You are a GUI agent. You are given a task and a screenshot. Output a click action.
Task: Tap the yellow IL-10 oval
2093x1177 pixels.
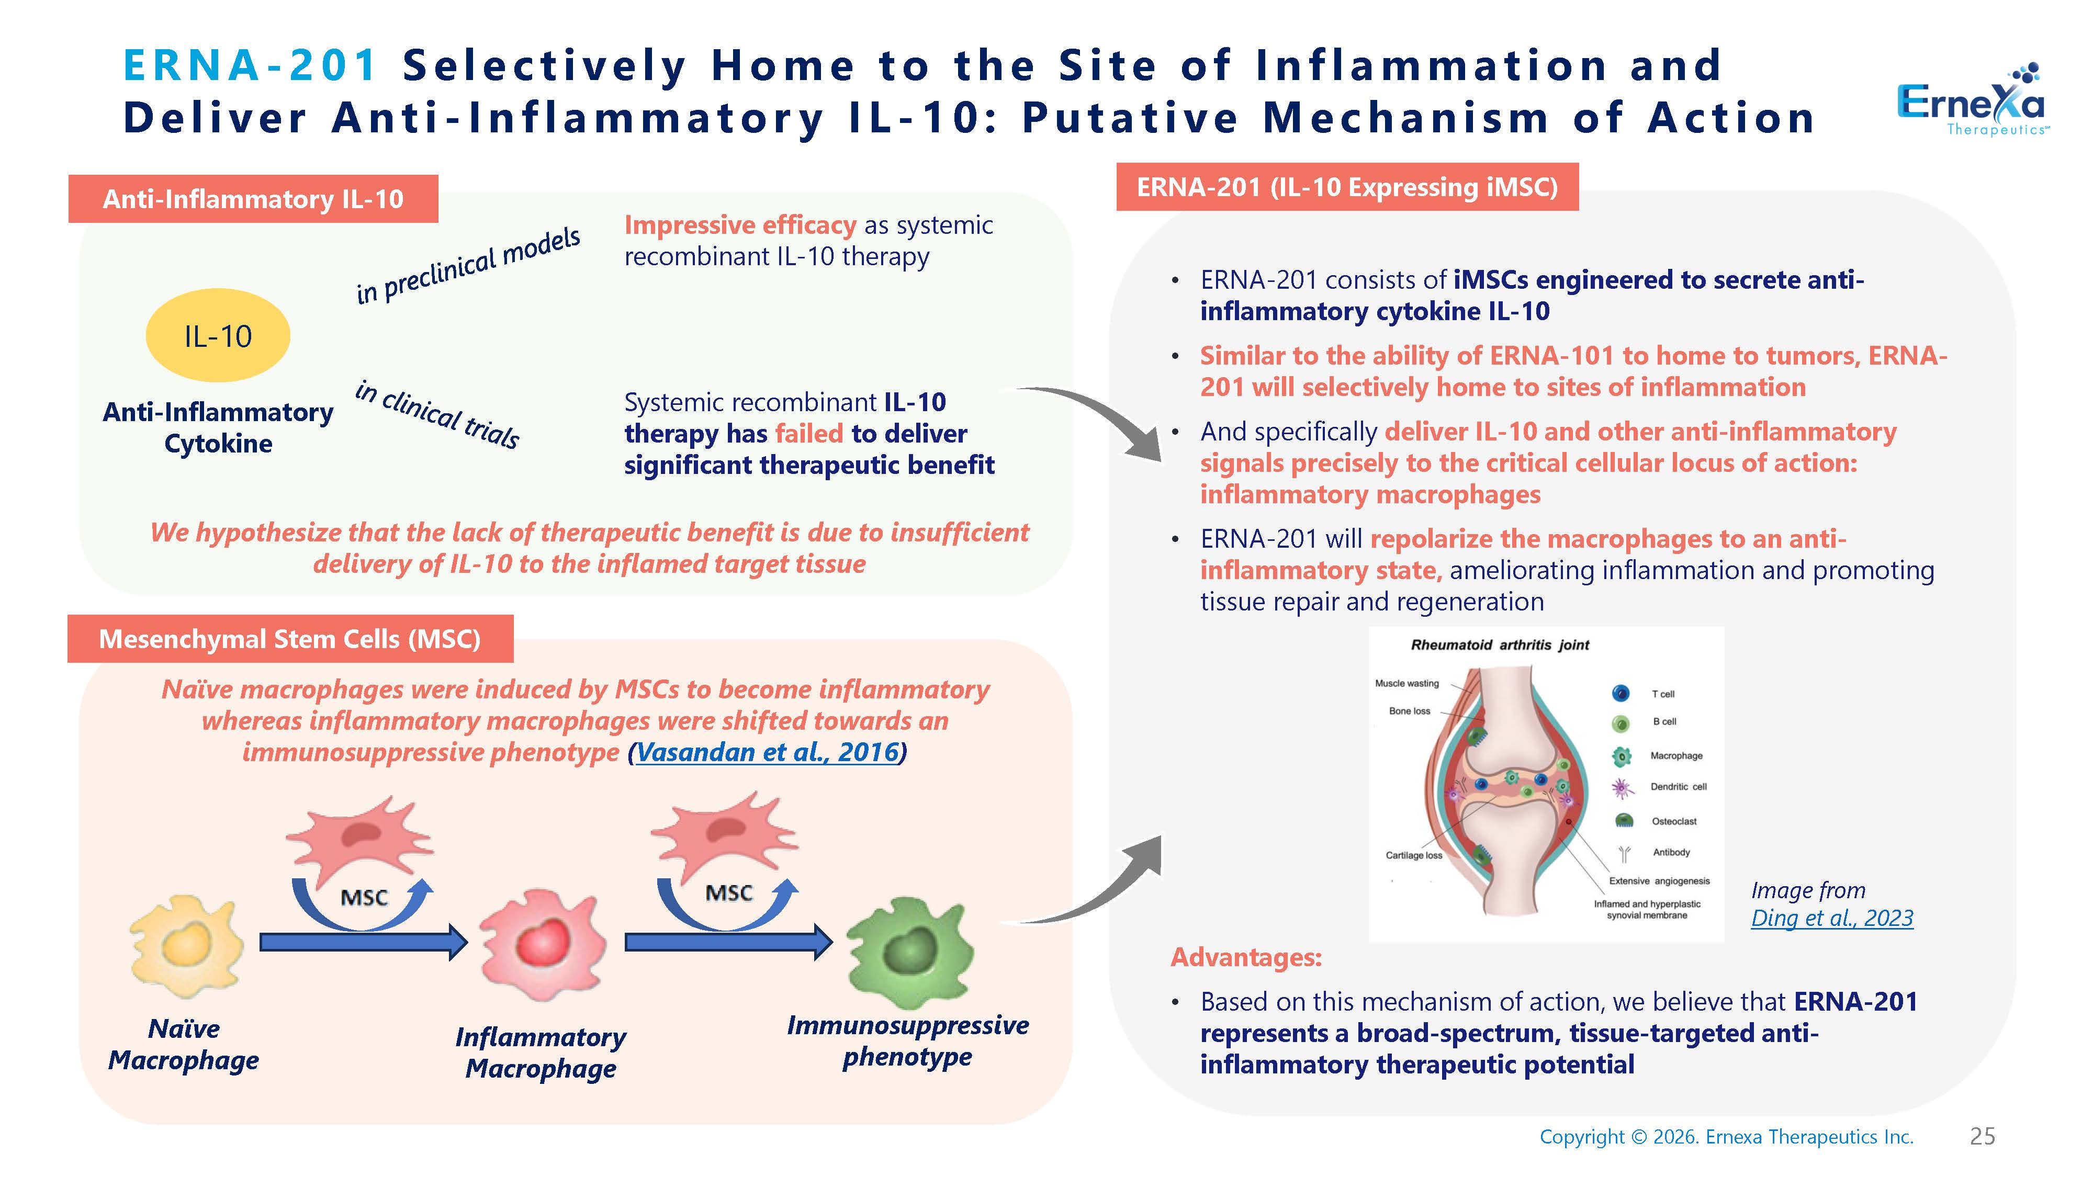coord(218,335)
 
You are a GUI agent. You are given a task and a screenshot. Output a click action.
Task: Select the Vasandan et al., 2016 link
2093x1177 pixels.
coord(768,752)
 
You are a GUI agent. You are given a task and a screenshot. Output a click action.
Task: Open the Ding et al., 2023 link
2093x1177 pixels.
coord(1832,918)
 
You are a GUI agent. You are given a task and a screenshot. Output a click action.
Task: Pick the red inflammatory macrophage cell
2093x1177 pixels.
coord(542,945)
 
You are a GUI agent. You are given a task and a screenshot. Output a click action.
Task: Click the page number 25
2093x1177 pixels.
coord(1983,1136)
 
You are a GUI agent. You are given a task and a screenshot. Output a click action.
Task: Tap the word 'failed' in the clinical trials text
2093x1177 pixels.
coord(809,434)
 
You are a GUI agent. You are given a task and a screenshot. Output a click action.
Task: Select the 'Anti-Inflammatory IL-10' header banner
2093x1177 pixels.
coord(253,199)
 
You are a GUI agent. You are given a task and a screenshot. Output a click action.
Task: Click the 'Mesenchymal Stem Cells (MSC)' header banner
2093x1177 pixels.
coord(290,639)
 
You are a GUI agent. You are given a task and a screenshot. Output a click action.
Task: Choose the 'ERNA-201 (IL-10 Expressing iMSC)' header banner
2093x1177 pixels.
coord(1347,188)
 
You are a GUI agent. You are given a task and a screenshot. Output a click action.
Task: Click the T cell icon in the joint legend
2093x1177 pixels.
coord(1621,693)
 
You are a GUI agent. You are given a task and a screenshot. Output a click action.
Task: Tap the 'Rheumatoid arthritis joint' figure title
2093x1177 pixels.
coord(1500,645)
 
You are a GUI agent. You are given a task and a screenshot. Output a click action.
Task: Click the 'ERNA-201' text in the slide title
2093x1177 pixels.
coord(250,65)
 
